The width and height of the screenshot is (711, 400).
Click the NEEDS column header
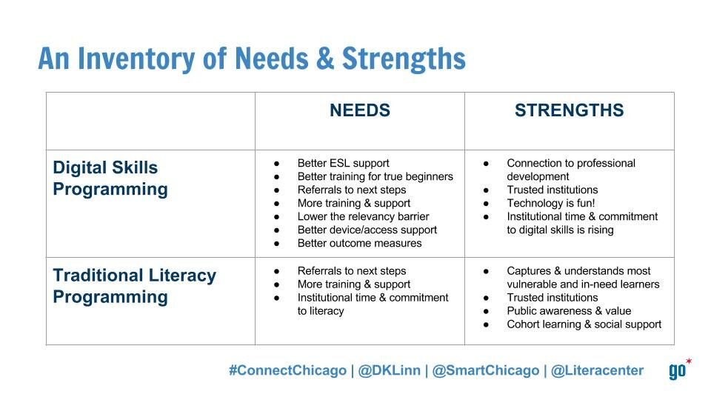[x=360, y=110]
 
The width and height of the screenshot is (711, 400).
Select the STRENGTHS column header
[x=569, y=110]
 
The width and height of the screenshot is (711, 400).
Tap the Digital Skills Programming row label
[x=110, y=179]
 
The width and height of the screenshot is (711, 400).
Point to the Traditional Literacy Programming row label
[x=134, y=286]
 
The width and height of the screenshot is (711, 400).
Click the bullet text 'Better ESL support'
[x=343, y=163]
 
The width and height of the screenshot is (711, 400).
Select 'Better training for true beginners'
[x=375, y=176]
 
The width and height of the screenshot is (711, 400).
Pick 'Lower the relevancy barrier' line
[x=363, y=216]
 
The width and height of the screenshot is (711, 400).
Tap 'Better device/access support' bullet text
[x=367, y=230]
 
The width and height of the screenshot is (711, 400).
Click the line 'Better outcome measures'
[x=360, y=243]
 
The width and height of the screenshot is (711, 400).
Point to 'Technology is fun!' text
[x=550, y=203]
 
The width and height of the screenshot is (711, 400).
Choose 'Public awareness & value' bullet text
[x=569, y=311]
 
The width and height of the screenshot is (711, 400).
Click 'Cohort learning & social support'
[x=584, y=324]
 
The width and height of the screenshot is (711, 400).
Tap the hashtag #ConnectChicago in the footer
[x=287, y=370]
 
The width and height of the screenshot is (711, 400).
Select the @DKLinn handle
[x=389, y=370]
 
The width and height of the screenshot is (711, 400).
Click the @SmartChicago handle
[x=486, y=370]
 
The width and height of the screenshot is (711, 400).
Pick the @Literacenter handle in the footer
[x=597, y=370]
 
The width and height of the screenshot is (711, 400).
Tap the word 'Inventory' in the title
[x=137, y=59]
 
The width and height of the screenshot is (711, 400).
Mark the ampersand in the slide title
[x=325, y=59]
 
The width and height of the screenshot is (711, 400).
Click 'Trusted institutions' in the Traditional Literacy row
[x=553, y=298]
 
